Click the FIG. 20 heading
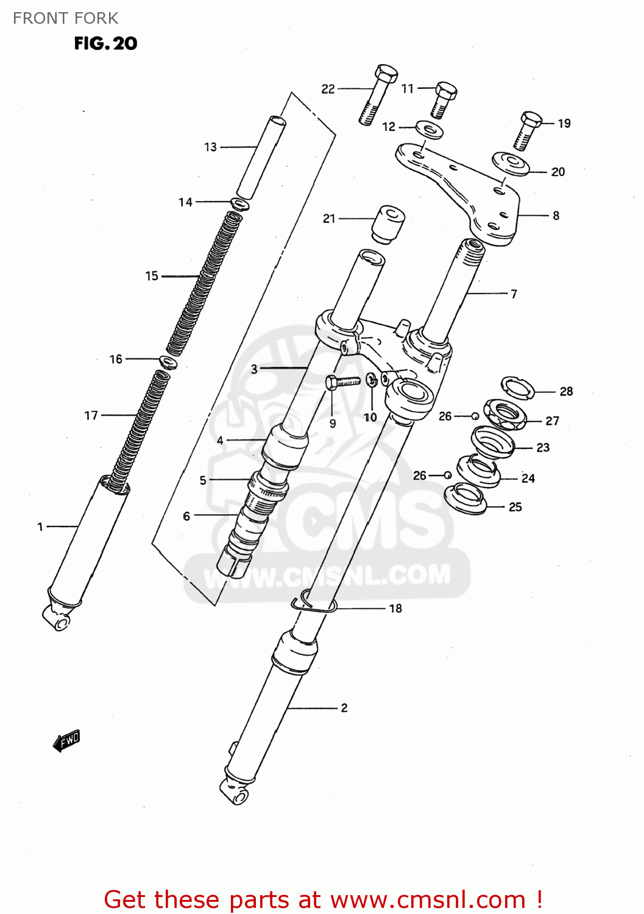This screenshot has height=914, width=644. (x=105, y=43)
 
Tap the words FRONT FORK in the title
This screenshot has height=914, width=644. (x=65, y=18)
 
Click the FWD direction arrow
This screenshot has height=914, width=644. (x=67, y=740)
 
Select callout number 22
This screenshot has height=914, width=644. (x=328, y=89)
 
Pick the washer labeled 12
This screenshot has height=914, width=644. (x=430, y=130)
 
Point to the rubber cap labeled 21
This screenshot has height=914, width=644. (x=388, y=224)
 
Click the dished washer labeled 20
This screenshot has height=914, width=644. (x=511, y=163)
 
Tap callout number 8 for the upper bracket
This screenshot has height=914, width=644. (x=556, y=216)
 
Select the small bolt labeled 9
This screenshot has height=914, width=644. (x=343, y=382)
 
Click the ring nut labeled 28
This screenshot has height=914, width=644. (x=518, y=386)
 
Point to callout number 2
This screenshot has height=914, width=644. (x=344, y=707)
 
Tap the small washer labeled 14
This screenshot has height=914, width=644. (x=239, y=204)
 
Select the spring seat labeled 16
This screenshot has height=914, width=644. (x=168, y=362)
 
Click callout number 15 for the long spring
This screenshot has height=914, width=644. (x=151, y=276)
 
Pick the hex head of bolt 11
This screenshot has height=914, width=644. (x=446, y=90)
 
